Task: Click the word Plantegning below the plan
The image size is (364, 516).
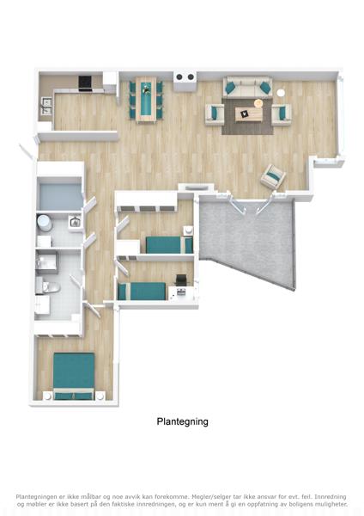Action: [182, 421]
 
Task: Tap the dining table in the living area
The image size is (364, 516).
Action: [146, 100]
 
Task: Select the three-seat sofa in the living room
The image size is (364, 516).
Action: [248, 87]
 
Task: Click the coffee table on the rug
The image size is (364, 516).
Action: [249, 114]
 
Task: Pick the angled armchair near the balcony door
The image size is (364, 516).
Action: [273, 176]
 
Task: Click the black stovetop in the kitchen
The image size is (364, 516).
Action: [85, 83]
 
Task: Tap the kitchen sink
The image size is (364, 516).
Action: [45, 106]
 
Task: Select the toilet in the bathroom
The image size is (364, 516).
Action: [48, 287]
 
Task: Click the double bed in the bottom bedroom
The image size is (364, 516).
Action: [74, 376]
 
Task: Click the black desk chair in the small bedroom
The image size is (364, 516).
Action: [180, 280]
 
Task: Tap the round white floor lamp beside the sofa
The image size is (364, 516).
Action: [280, 93]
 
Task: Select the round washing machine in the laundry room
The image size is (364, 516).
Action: [44, 223]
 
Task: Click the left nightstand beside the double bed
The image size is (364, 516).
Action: [47, 396]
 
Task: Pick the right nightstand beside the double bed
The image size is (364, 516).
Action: [100, 396]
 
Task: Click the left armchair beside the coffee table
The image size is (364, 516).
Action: [215, 114]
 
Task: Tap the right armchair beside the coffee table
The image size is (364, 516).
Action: [282, 114]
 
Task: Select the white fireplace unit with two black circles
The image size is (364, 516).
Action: [185, 81]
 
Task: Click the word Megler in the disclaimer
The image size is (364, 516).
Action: [200, 497]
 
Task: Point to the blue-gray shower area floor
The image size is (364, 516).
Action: [60, 196]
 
